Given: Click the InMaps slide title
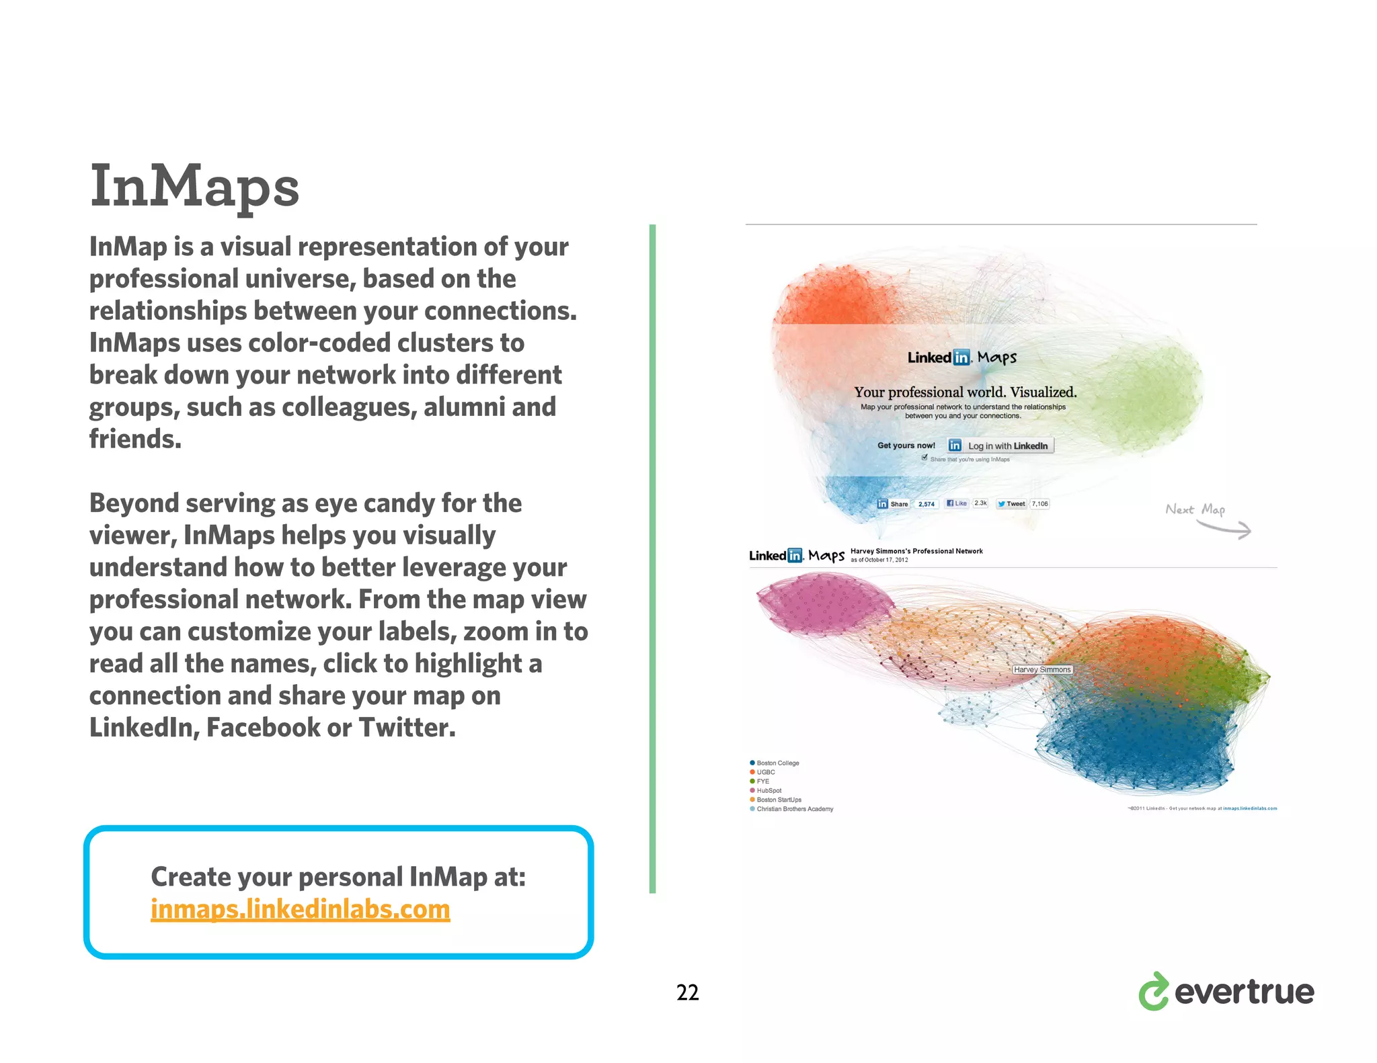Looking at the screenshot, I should (x=194, y=185).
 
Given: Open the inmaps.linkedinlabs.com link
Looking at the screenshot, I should (x=300, y=909).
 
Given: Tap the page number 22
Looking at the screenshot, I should (x=687, y=992).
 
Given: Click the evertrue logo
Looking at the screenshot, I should (x=1226, y=992).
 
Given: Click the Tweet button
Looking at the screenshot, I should (x=1011, y=503).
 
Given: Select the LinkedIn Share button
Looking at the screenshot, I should (x=893, y=504).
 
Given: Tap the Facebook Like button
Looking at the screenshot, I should (x=957, y=503).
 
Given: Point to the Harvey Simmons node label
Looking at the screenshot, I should (x=1041, y=669).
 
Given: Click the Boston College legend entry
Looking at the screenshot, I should (x=777, y=763).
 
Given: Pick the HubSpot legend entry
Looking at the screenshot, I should (x=769, y=790).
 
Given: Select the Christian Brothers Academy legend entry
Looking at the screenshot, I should (x=794, y=809).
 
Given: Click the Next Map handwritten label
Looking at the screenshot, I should (x=1195, y=509).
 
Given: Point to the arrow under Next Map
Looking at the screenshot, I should (x=1225, y=530).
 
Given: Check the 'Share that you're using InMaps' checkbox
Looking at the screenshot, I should (x=924, y=458).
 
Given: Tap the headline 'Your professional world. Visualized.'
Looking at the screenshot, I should (x=965, y=392).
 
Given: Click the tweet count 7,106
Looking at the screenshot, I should (x=1039, y=503).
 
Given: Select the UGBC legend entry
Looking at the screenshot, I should (x=765, y=772).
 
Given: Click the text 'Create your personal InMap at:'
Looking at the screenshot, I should (x=338, y=877).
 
